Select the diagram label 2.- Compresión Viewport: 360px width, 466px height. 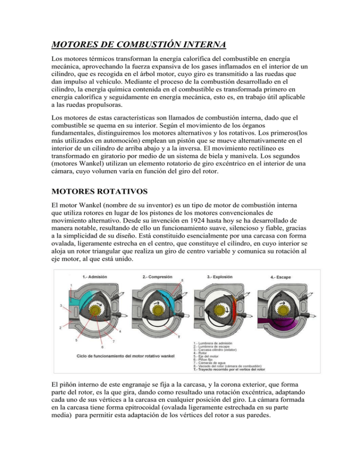click(x=156, y=277)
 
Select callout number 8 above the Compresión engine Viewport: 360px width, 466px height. click(x=182, y=280)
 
